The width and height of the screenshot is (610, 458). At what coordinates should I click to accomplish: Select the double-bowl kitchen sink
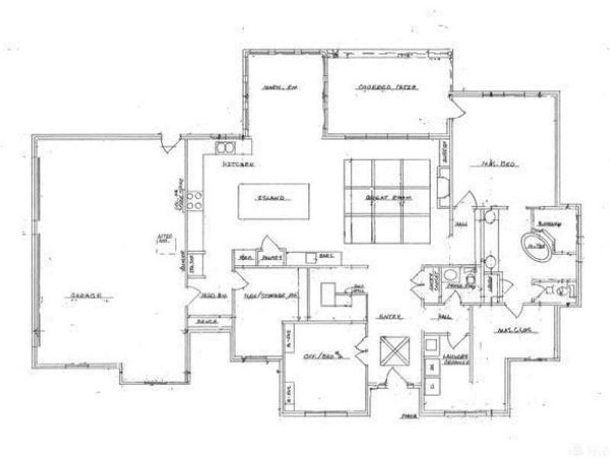point(226,147)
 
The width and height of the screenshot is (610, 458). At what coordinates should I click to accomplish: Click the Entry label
point(390,314)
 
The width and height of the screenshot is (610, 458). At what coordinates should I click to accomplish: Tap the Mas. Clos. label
point(512,331)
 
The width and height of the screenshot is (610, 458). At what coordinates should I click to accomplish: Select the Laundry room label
point(455,360)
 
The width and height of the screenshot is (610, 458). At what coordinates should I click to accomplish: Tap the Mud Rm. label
point(210,295)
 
